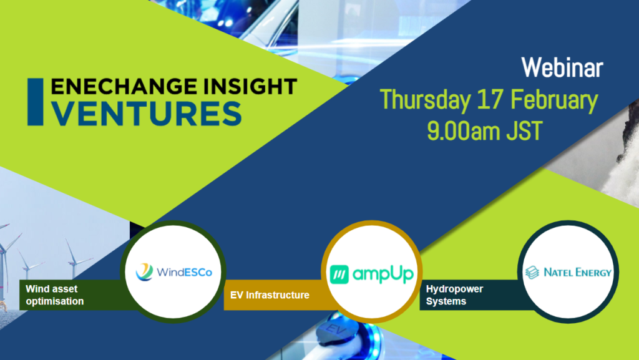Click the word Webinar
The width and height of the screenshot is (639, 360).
[562, 68]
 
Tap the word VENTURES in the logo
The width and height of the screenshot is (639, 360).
[147, 114]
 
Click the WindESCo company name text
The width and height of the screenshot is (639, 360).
[182, 273]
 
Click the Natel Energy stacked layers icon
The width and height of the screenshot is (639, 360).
[532, 273]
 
